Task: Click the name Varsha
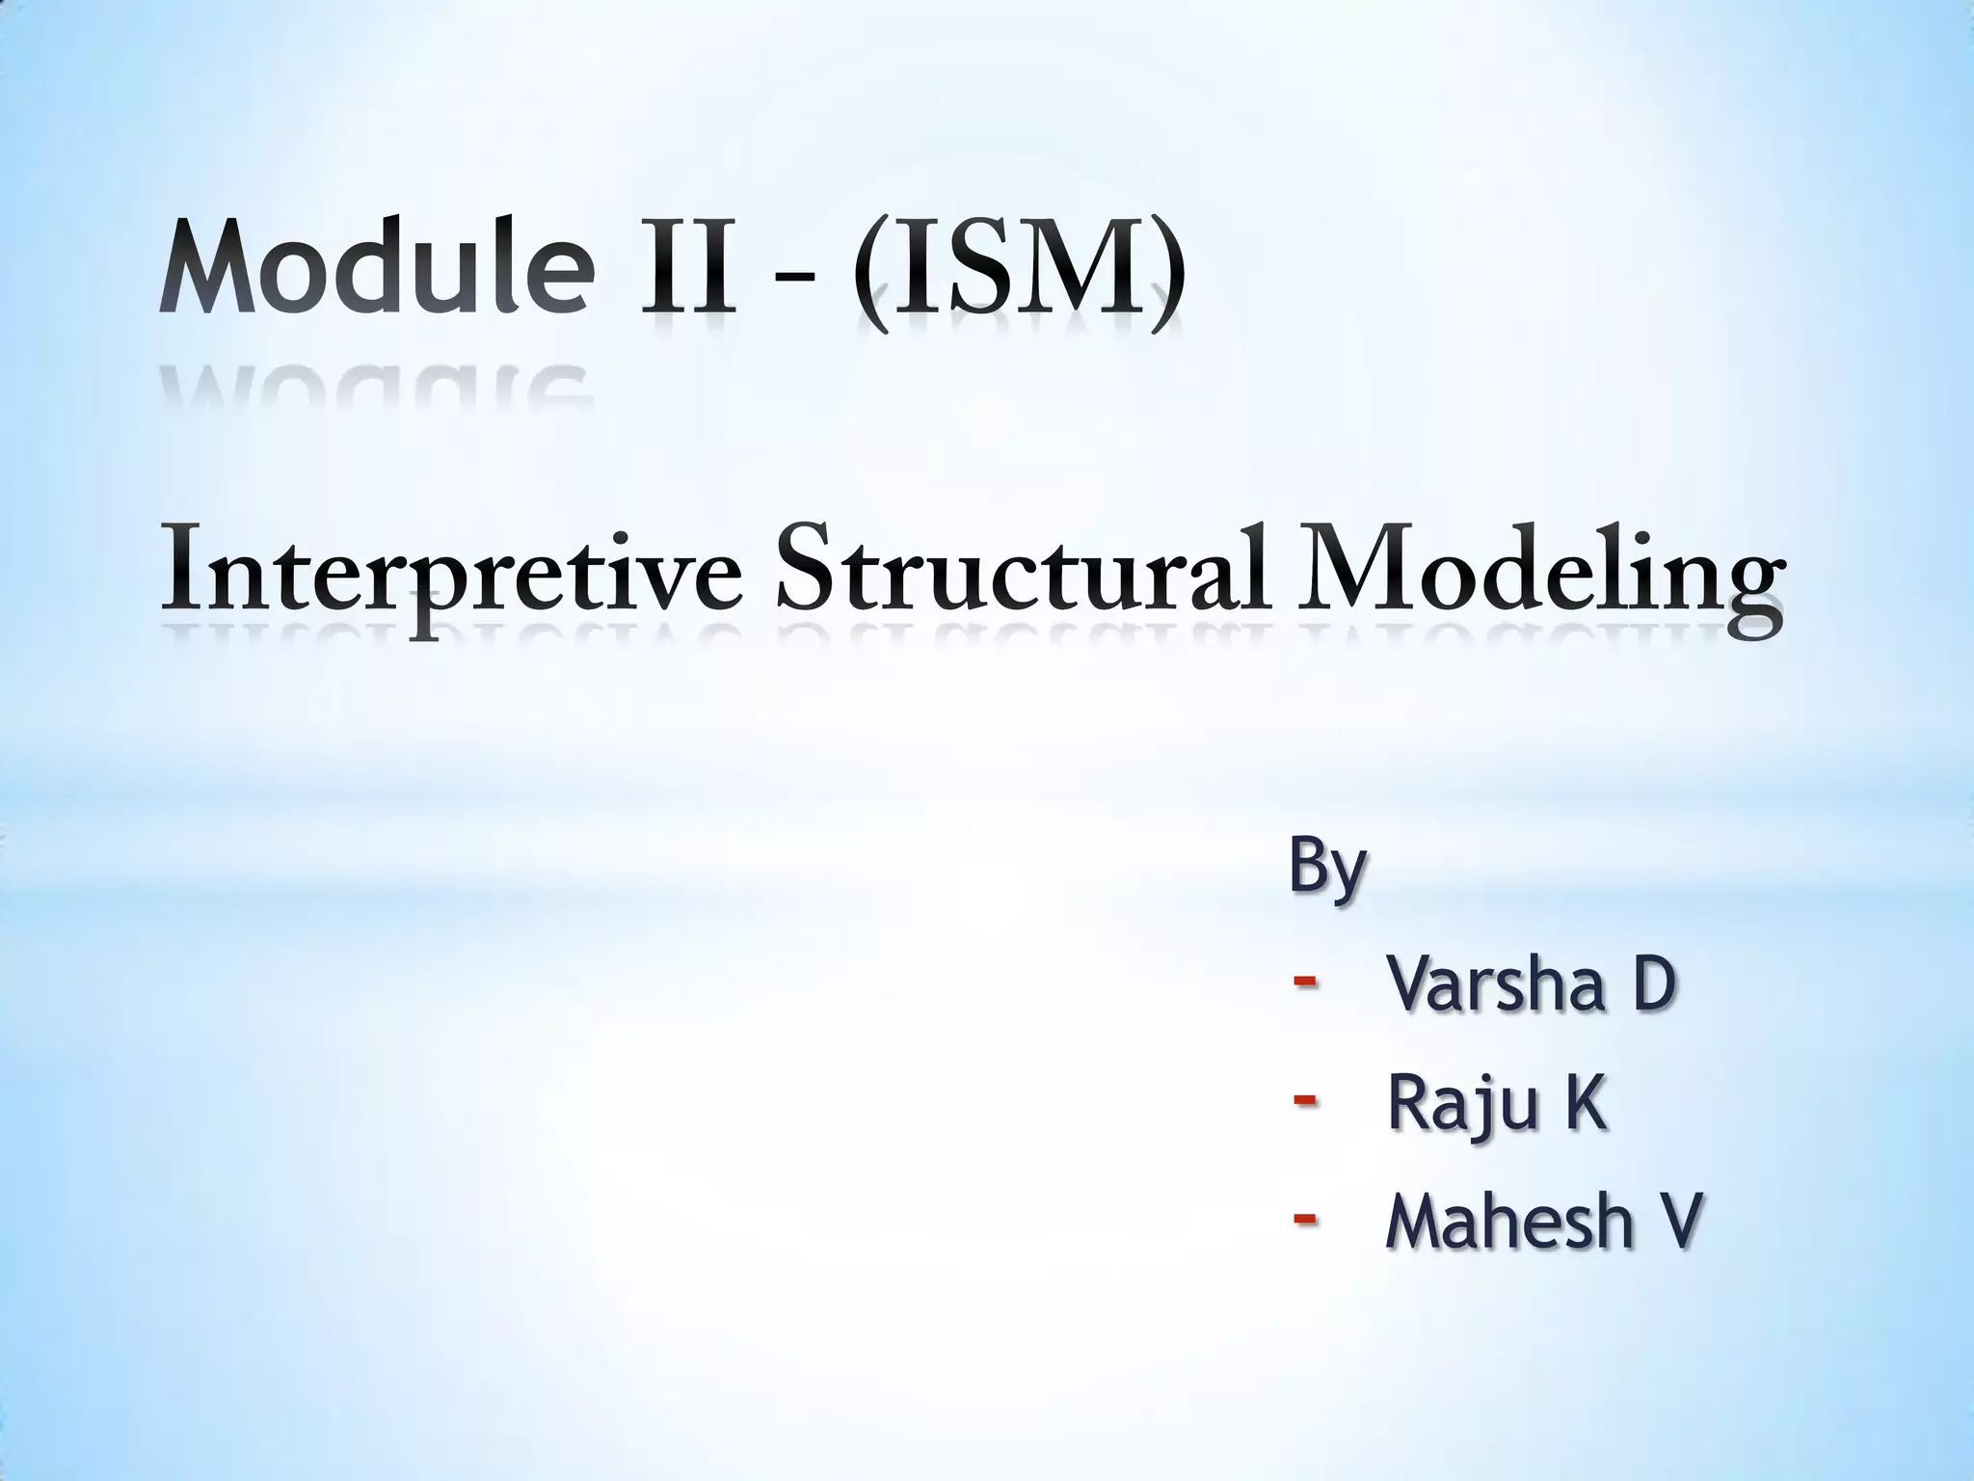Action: click(x=1495, y=985)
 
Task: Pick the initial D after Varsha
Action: click(x=1647, y=985)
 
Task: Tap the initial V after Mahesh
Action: click(x=1674, y=1222)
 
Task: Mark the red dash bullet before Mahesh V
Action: click(x=1305, y=1219)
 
